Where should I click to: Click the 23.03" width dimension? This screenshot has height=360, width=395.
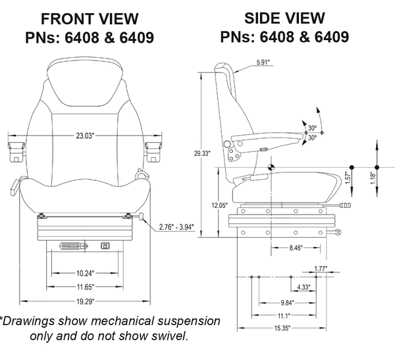tap(84, 136)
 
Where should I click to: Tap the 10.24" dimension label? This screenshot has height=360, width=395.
tap(84, 272)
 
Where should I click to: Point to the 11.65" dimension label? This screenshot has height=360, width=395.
tap(84, 286)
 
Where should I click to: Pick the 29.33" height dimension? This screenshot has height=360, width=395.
tap(201, 153)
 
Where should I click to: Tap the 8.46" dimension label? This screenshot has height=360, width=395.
tap(297, 249)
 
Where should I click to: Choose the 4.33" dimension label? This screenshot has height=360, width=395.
tap(304, 288)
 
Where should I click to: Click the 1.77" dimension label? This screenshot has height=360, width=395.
tap(321, 269)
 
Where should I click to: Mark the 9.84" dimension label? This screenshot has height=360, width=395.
tap(288, 302)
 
